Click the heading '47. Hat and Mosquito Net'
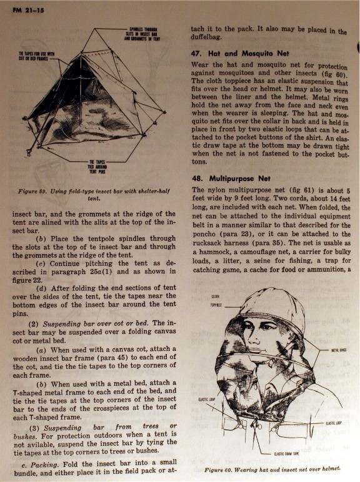point(241,55)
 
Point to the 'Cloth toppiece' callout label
point(216,301)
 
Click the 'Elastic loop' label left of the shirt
point(207,399)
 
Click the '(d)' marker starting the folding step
point(43,288)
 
